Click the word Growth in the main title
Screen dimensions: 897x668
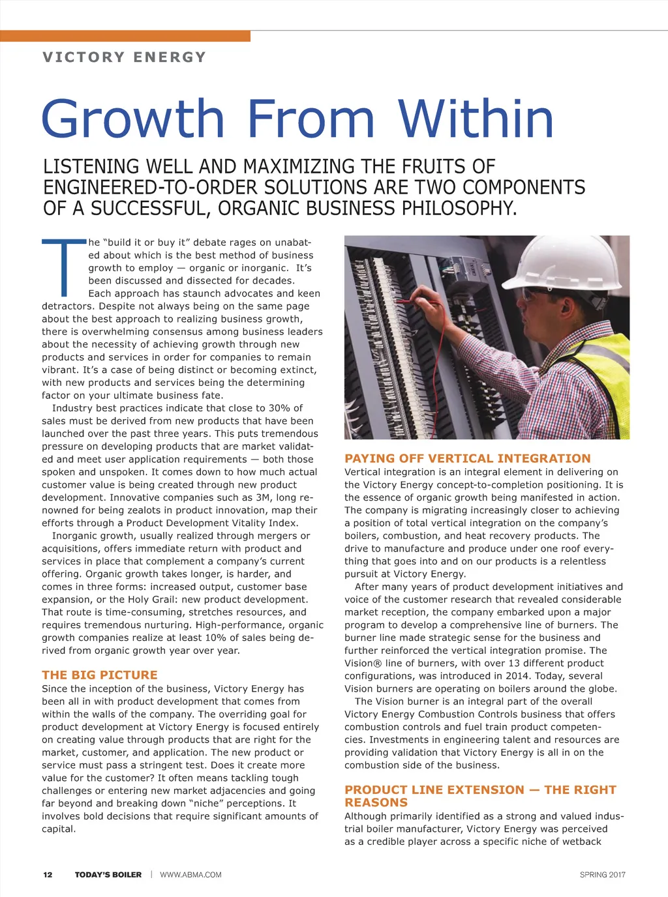pos(133,119)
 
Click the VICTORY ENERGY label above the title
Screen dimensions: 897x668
pos(124,57)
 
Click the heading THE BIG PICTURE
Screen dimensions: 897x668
pos(99,675)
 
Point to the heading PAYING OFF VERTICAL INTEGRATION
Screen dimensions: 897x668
pos(467,459)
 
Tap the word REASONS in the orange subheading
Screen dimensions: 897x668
pos(376,803)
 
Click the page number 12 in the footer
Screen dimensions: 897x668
pos(48,875)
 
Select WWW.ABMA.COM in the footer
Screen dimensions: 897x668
pos(190,875)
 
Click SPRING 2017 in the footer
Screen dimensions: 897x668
pos(602,875)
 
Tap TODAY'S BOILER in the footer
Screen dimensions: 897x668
pos(108,875)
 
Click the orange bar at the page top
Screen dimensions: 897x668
pos(125,36)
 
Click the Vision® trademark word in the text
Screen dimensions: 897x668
pos(361,664)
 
